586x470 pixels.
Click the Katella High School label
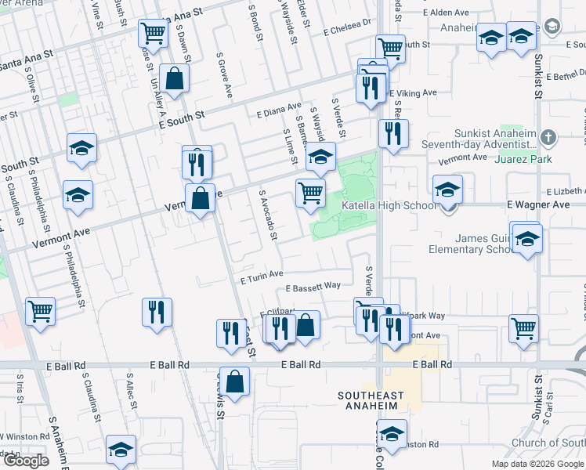389,206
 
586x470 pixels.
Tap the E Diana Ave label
279,109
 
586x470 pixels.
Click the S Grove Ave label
226,79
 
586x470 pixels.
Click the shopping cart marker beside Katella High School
311,192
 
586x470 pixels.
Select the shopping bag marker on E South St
175,79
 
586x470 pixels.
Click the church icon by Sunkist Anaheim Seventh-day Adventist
548,138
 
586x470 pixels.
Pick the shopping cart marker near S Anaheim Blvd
40,311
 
